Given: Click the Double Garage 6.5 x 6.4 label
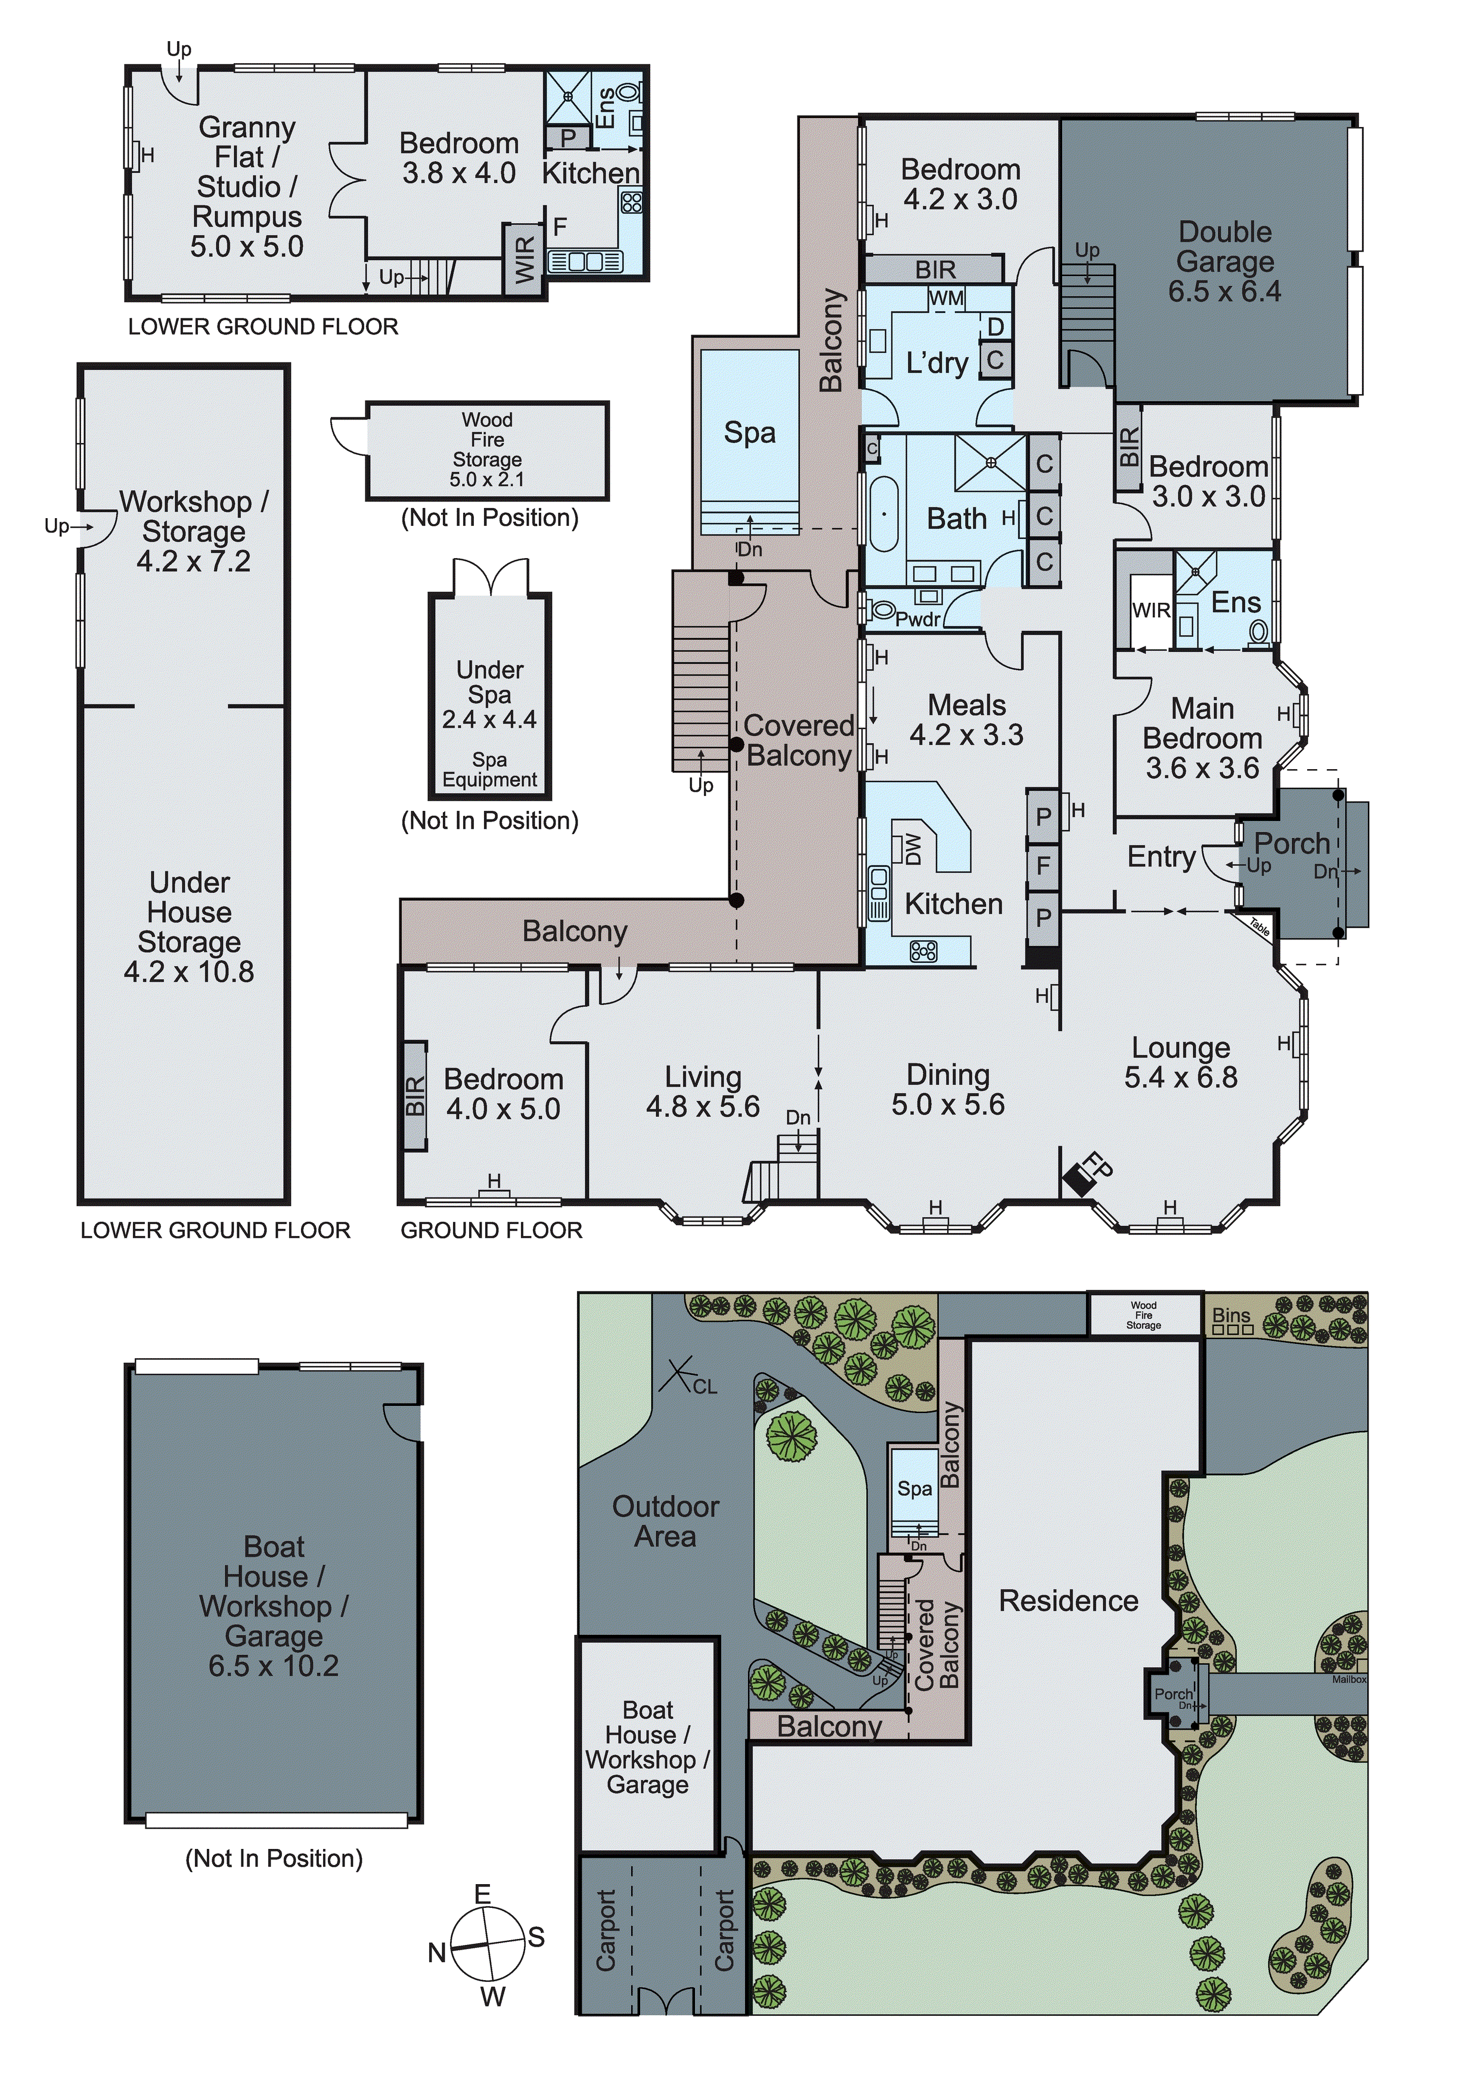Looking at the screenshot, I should pyautogui.click(x=1225, y=261).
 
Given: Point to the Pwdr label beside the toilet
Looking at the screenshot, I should pyautogui.click(x=918, y=619).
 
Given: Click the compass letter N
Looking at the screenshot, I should pyautogui.click(x=437, y=1951).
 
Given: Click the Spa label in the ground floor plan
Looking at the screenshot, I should pyautogui.click(x=749, y=433).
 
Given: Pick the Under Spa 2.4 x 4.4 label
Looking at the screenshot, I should pyautogui.click(x=490, y=694).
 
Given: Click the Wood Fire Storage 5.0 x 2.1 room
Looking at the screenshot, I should pyautogui.click(x=487, y=450).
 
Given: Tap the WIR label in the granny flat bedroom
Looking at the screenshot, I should pyautogui.click(x=526, y=259).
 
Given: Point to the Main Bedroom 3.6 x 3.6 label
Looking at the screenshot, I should pyautogui.click(x=1202, y=738).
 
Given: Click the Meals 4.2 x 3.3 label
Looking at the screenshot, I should pyautogui.click(x=966, y=720).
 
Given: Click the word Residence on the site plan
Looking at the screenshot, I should pyautogui.click(x=1068, y=1600).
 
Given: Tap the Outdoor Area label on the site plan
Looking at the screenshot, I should pyautogui.click(x=666, y=1521).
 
